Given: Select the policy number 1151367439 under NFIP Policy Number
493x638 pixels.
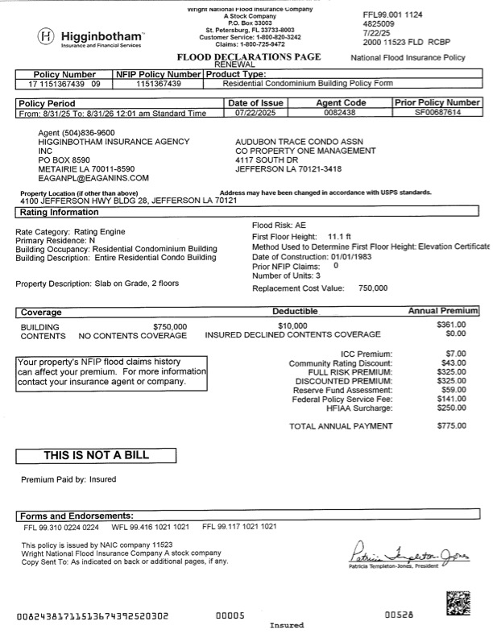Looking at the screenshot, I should (x=158, y=83).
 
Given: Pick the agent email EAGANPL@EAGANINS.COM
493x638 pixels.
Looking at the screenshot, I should (x=93, y=178).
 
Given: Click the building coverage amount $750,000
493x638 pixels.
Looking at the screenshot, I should (x=169, y=326).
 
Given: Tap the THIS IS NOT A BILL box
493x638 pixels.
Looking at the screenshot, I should (x=96, y=455).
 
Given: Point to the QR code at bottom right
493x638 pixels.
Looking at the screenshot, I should (x=458, y=602).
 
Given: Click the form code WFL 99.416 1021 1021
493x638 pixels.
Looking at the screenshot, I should (x=150, y=527).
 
